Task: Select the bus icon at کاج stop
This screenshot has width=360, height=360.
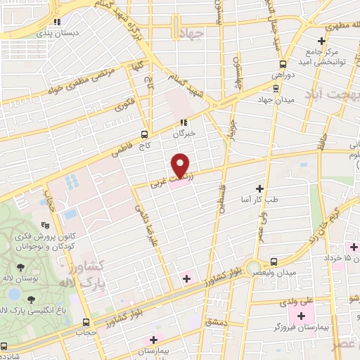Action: (x=144, y=134)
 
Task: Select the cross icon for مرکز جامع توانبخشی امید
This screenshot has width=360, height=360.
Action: (x=322, y=41)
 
